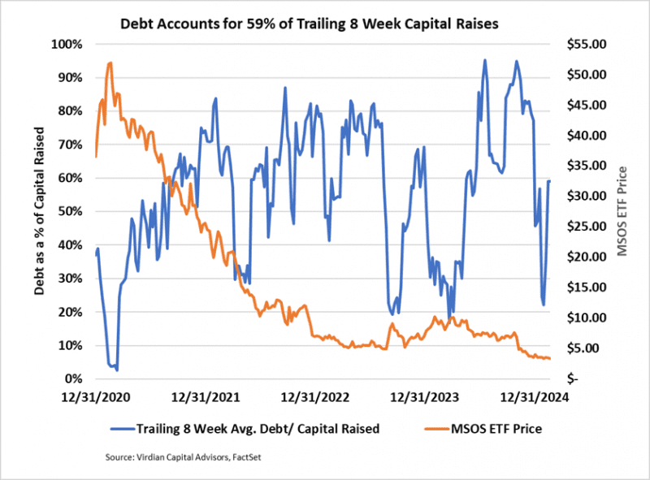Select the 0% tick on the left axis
(74, 379)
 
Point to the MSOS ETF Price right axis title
(623, 211)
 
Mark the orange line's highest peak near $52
(110, 63)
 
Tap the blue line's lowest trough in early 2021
(117, 370)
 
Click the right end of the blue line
(550, 181)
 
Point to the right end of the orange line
(550, 358)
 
